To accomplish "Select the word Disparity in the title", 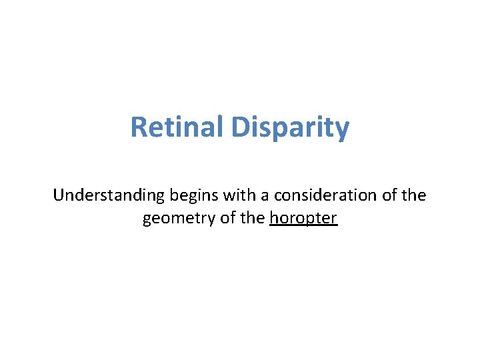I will click(x=290, y=127).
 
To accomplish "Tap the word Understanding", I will click(x=108, y=195).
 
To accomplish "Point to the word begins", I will click(x=191, y=195).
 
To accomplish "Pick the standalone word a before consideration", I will click(x=261, y=195).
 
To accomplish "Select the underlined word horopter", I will click(x=304, y=219).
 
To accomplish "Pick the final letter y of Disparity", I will click(x=342, y=129).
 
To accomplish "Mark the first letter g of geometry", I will click(x=147, y=220).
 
